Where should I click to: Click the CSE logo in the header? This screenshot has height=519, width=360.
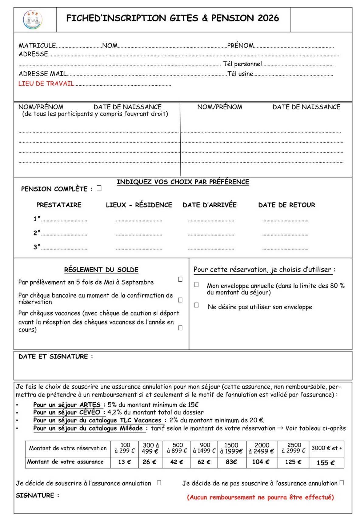[x=33, y=20]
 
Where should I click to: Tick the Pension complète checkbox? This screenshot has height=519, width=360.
[x=99, y=188]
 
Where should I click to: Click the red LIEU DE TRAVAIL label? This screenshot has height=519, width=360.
[x=46, y=84]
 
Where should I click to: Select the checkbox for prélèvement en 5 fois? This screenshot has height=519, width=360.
[x=180, y=279]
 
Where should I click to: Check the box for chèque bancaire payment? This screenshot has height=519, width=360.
[x=180, y=300]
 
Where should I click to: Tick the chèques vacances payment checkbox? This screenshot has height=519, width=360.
[x=180, y=328]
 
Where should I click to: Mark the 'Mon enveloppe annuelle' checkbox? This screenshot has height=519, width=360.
[x=196, y=284]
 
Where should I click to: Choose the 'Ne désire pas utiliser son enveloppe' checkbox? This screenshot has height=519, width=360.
[x=196, y=305]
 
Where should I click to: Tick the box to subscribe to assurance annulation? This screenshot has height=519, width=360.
[x=159, y=483]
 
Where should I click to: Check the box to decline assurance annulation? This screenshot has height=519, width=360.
[x=341, y=483]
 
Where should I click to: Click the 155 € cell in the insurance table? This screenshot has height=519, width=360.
[x=326, y=463]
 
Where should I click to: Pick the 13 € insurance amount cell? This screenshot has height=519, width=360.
[x=124, y=462]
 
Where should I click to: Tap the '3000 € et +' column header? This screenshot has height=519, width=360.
[x=327, y=448]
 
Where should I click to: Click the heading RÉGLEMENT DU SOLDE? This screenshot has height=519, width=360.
[x=101, y=270]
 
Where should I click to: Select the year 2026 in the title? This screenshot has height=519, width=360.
[x=268, y=18]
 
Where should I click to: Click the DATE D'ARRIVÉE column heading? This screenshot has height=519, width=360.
[x=209, y=205]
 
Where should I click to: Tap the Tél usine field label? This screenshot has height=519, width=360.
[x=240, y=74]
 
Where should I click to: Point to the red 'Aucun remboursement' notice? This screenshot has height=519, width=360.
[x=260, y=497]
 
